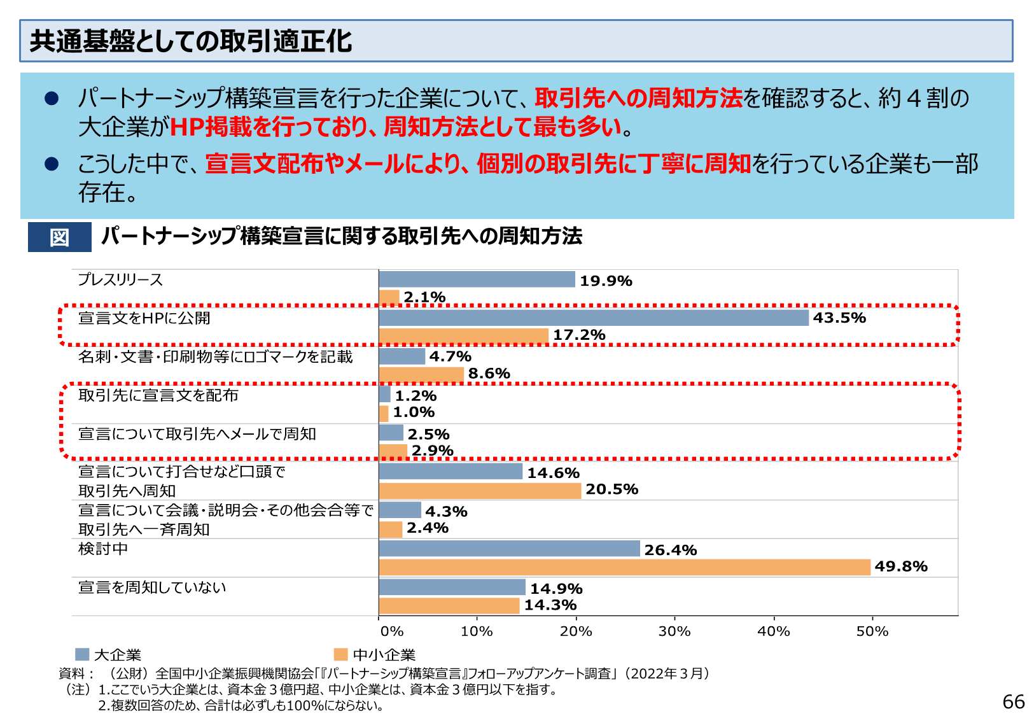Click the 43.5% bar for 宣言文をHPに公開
coord(593,318)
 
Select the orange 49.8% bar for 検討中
coord(624,567)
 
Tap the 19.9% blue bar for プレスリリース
coord(477,279)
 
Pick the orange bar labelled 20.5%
coord(480,490)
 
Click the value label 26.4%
coord(670,550)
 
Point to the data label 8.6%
coord(489,374)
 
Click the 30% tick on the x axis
coord(674,631)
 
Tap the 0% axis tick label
coord(391,631)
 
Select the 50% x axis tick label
coord(872,631)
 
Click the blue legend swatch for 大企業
coord(82,654)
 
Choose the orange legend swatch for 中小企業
coord(341,654)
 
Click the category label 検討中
coord(103,549)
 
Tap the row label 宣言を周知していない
coord(152,587)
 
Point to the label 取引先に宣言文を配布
coord(158,395)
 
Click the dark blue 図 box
coord(59,237)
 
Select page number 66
coord(1013,701)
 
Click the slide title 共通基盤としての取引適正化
coord(190,41)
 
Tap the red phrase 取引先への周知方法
coord(638,98)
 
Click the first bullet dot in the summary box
coord(52,99)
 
